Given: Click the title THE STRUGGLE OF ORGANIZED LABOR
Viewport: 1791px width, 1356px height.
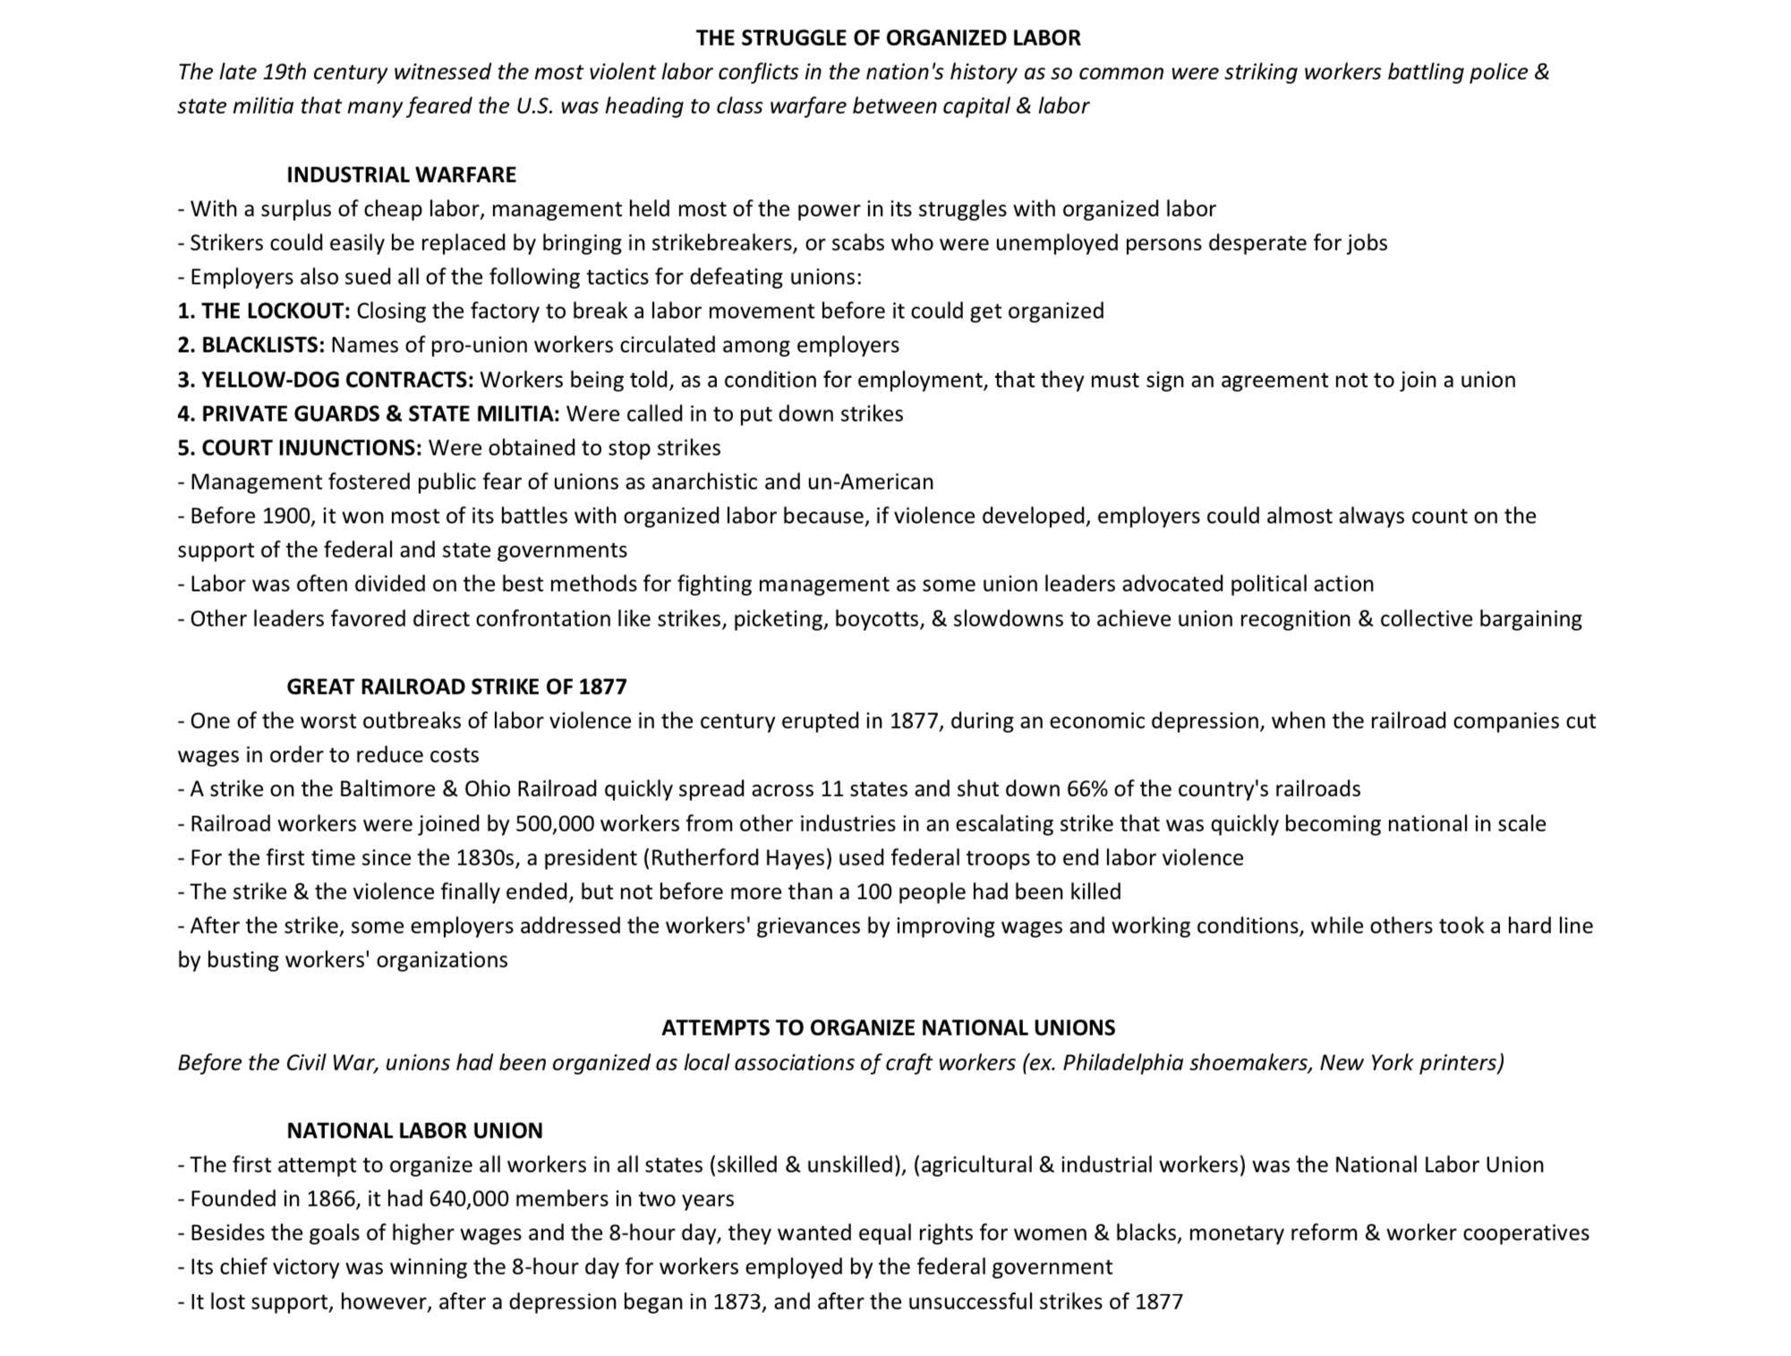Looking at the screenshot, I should coord(888,38).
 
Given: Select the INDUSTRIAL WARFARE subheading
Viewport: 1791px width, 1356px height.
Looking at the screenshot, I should coord(401,175).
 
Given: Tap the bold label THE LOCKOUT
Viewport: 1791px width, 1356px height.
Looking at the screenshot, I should coord(275,311).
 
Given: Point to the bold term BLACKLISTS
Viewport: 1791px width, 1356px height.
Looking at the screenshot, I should coord(262,345).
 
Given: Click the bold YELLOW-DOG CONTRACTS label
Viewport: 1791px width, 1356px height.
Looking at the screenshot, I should coord(337,380).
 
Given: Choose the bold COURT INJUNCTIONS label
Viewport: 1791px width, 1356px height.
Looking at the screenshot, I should coord(311,448).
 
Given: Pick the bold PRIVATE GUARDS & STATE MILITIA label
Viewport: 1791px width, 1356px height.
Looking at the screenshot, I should coord(380,414).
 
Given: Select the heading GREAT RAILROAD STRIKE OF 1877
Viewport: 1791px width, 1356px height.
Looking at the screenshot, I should coord(456,687).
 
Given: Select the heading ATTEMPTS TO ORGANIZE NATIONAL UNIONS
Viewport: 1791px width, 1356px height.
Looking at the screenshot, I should coord(888,1028).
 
